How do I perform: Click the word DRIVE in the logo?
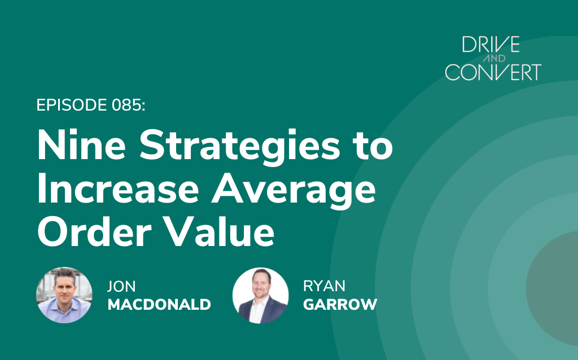[x=491, y=44]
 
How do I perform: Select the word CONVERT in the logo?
[x=493, y=72]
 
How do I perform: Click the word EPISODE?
[x=72, y=105]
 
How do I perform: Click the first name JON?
[x=121, y=286]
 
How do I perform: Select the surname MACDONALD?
[x=159, y=305]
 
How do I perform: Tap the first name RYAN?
[x=325, y=286]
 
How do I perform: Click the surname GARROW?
[x=340, y=305]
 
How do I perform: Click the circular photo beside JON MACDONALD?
[x=64, y=295]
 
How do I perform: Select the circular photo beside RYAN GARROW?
[x=261, y=296]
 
